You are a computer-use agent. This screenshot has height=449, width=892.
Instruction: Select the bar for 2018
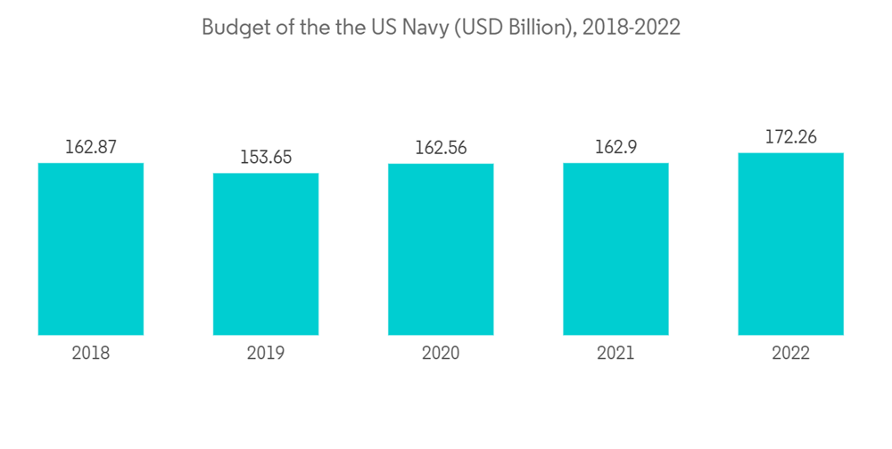pos(91,249)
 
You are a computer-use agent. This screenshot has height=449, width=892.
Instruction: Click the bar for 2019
pos(266,254)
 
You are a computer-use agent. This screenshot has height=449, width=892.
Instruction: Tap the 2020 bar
pos(441,249)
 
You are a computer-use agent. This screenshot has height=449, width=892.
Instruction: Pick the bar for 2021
pos(615,249)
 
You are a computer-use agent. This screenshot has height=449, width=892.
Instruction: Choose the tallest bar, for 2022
pos(790,244)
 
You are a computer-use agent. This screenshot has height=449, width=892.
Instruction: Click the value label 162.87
pos(91,147)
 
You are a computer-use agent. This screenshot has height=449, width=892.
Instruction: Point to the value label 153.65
pos(266,158)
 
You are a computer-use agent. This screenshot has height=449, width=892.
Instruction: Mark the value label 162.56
pos(441,148)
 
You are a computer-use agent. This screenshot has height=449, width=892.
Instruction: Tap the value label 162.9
pos(615,147)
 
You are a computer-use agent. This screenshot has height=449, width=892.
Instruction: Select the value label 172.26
pos(790,137)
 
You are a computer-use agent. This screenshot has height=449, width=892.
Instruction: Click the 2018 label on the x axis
pos(91,354)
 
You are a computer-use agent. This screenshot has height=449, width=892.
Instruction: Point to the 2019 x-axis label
pos(266,354)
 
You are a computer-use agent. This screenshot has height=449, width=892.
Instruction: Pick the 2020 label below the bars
pos(441,354)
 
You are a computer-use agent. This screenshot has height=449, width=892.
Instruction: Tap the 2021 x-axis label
pos(615,354)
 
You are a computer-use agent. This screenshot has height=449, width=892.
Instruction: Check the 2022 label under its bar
pos(790,354)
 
